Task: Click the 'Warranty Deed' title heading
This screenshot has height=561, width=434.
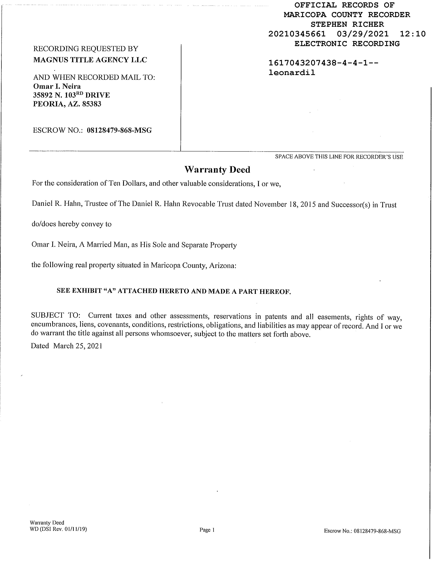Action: [x=217, y=170]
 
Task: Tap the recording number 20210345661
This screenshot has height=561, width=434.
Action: [x=297, y=34]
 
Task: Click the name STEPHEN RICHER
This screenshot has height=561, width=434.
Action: [x=347, y=24]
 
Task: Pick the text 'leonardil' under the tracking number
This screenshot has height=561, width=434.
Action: [x=292, y=73]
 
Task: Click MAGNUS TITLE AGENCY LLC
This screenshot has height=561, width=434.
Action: [x=90, y=60]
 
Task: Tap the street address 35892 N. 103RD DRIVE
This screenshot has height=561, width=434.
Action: [x=72, y=95]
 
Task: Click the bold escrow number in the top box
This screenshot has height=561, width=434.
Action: [x=119, y=130]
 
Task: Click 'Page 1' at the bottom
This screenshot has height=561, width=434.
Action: [x=207, y=530]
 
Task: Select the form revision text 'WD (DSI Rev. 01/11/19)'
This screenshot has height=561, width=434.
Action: [x=58, y=529]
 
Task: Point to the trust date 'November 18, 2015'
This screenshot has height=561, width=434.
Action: [x=285, y=204]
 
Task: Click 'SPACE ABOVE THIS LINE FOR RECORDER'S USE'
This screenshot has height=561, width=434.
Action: [x=339, y=157]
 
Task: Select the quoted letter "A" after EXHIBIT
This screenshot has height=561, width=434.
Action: [x=110, y=291]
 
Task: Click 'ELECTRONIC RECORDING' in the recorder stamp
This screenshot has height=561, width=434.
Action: [x=347, y=44]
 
